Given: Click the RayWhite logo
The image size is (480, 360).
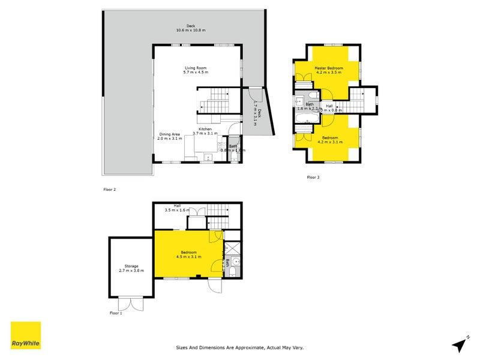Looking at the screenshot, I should pos(26,335).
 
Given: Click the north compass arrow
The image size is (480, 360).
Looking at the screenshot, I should pos(460,344).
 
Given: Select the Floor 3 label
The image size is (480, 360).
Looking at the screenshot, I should pos(313,177).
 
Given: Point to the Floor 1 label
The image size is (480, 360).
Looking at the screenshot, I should pos(116,313).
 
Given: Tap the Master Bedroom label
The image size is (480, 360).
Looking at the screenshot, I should pos(329,68).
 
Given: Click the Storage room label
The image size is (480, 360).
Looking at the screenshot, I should pos(131,266).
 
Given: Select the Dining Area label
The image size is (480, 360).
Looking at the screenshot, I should pos(169,134).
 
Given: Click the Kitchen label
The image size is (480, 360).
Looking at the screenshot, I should pos(205,129).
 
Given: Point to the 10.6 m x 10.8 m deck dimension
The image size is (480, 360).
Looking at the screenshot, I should pos(190,30).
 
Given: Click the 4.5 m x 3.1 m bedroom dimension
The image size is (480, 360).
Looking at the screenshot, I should pos(189,257).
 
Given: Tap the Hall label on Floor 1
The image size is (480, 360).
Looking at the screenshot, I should pos(177,205).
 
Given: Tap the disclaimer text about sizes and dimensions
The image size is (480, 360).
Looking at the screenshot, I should pos(244,347).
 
